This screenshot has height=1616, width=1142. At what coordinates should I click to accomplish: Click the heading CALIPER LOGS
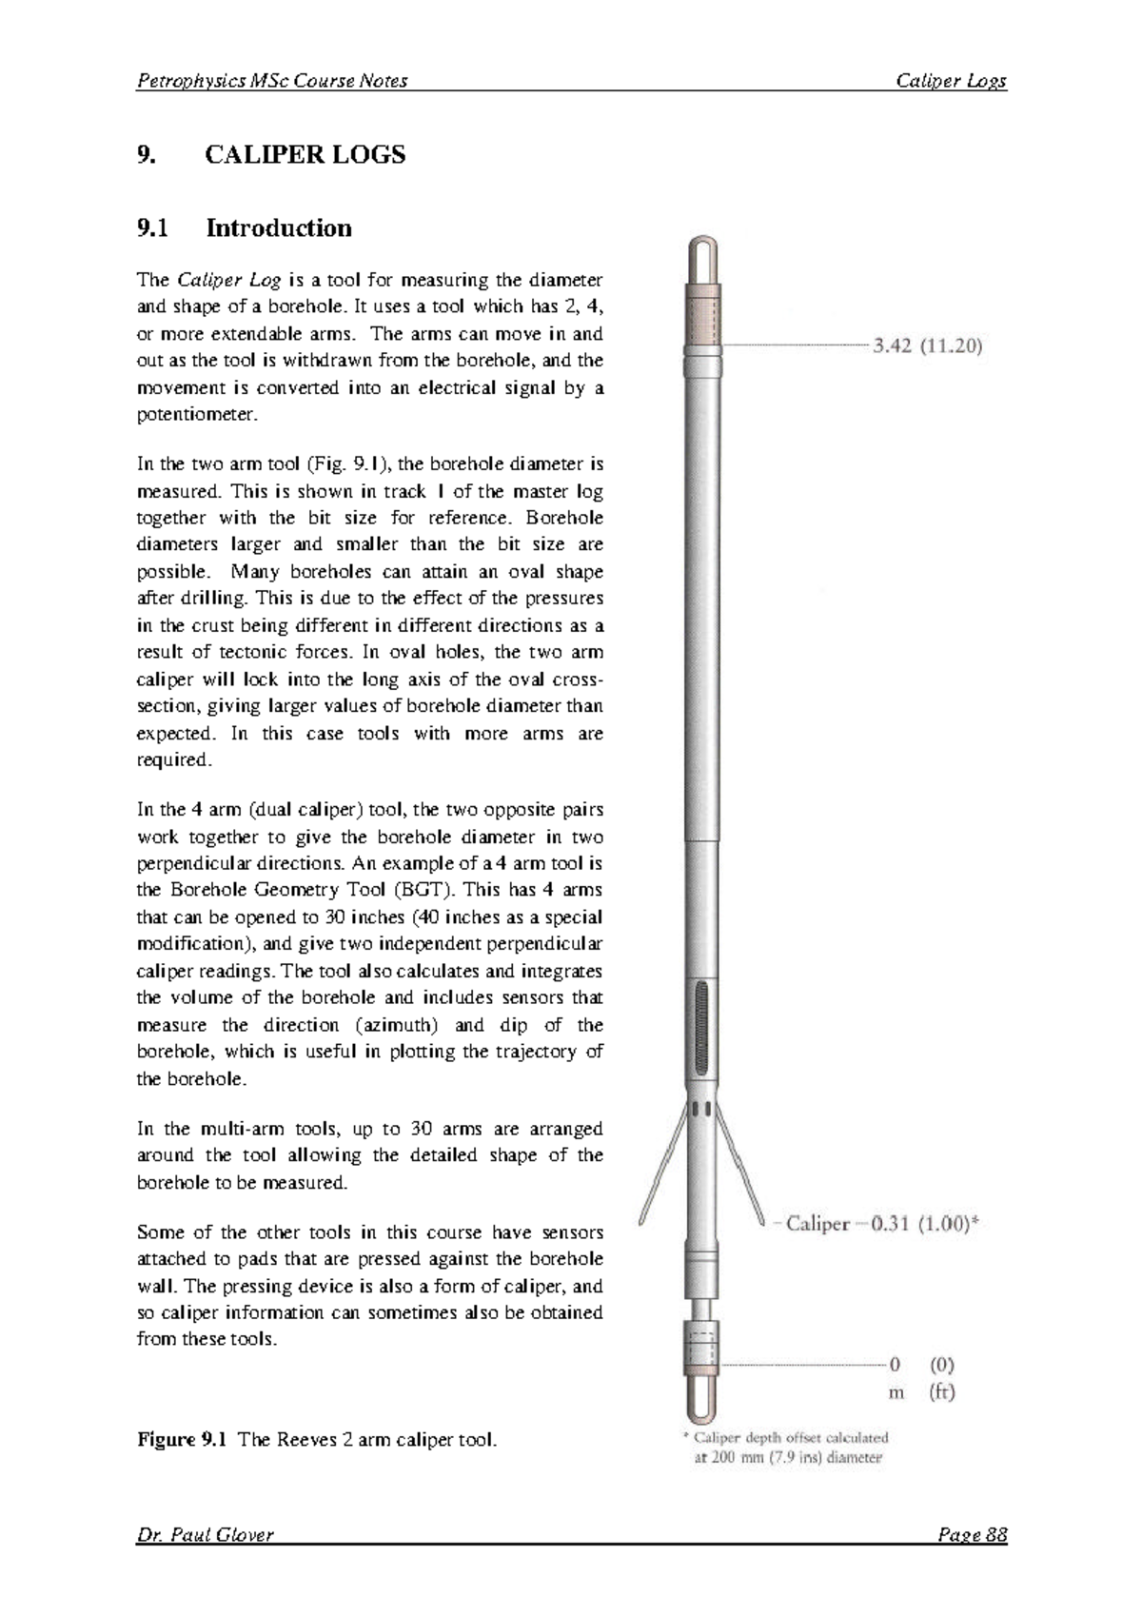(x=305, y=154)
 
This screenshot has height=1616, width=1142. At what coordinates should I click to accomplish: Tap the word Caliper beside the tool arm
(x=818, y=1224)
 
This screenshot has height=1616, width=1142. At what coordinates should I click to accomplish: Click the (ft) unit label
(x=941, y=1391)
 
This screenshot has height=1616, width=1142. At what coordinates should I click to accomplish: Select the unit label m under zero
(x=896, y=1392)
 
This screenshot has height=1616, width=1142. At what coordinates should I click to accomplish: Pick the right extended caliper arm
(x=741, y=1166)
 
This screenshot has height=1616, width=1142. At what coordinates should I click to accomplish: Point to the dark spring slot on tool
(x=702, y=1028)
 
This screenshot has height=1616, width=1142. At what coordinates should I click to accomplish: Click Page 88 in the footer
(x=972, y=1534)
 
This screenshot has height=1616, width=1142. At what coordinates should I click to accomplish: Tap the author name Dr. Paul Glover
(x=205, y=1534)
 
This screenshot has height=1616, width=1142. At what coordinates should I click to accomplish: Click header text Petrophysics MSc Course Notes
(x=272, y=81)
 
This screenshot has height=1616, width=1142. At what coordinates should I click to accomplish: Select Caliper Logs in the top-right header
(x=951, y=81)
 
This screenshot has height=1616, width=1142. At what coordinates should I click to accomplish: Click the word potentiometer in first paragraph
(x=197, y=415)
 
